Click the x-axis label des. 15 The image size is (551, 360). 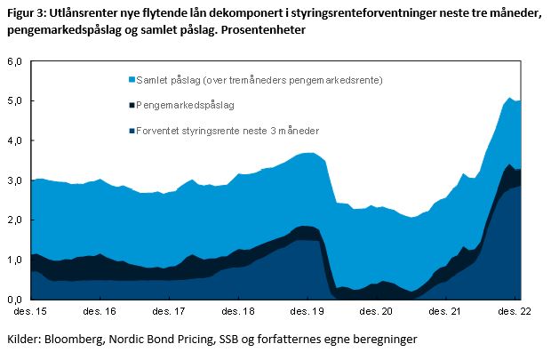coord(31,313)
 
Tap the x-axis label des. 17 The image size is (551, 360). coord(169,313)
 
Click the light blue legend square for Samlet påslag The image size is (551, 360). coord(132,80)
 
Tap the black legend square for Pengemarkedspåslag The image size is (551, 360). coord(132,105)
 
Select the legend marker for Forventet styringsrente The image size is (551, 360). coord(132,131)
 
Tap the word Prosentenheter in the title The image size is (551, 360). coord(262,30)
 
